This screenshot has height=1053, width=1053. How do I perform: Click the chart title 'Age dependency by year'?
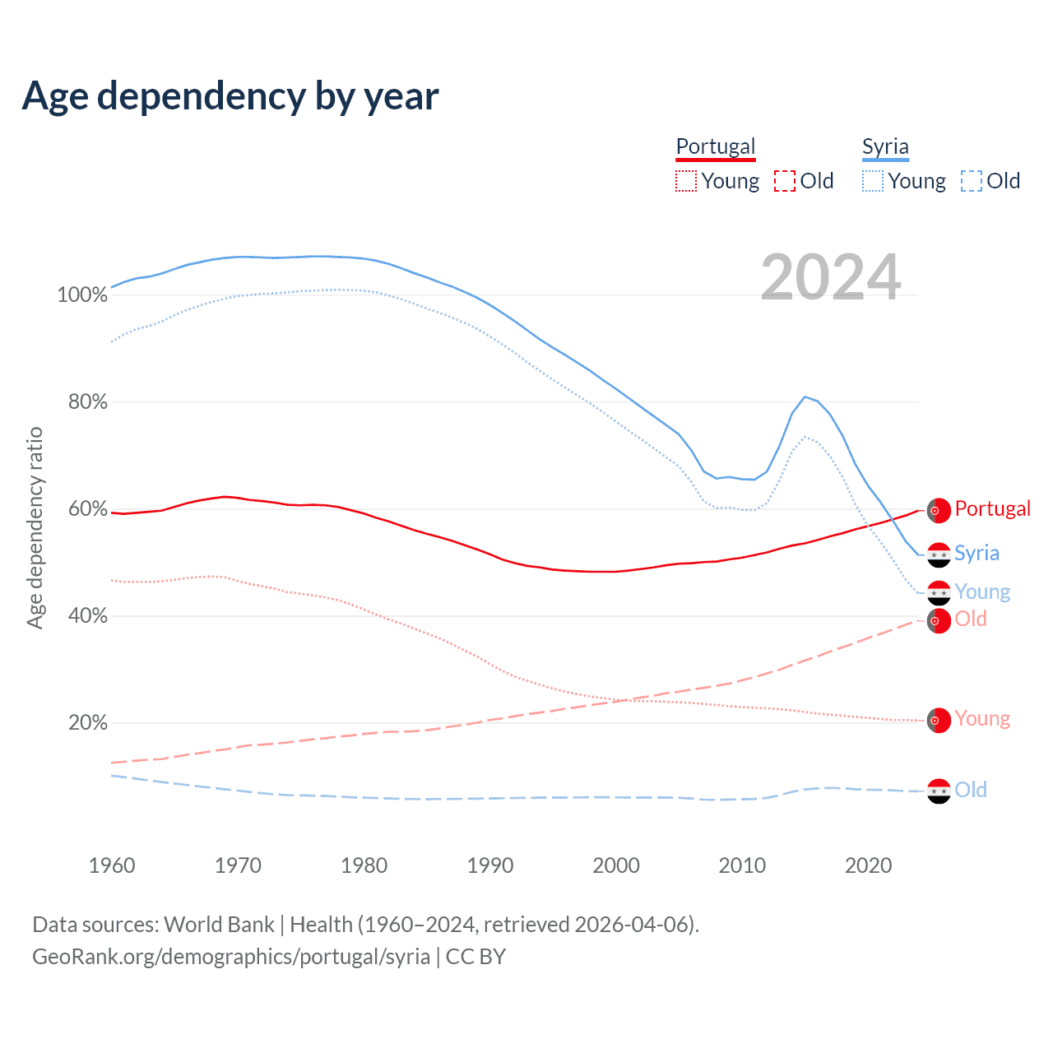click(230, 96)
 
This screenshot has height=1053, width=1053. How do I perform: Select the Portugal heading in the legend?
click(715, 146)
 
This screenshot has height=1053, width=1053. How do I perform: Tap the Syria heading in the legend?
click(885, 146)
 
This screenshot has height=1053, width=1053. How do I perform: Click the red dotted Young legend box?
click(685, 181)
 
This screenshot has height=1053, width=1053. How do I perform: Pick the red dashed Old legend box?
click(785, 181)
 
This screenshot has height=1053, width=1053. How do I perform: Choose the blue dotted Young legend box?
click(873, 181)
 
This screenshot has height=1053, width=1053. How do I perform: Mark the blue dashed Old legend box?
click(972, 181)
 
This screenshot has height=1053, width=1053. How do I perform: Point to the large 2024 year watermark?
click(831, 277)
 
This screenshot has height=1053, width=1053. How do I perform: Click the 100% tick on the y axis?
click(82, 295)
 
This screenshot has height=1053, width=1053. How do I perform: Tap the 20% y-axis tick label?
click(87, 723)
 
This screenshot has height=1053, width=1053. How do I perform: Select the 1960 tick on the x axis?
click(112, 865)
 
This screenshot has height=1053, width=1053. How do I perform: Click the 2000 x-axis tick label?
click(616, 865)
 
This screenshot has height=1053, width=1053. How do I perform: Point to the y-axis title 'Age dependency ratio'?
click(35, 527)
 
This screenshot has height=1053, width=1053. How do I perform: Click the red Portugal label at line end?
click(992, 508)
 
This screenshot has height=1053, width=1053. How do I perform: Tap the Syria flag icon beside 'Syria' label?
click(939, 554)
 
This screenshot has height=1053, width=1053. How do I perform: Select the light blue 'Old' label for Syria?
click(971, 790)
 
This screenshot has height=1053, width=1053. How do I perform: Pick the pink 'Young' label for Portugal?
click(982, 719)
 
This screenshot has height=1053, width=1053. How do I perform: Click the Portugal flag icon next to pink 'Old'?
click(939, 620)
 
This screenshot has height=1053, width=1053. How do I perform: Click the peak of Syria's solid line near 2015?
click(805, 397)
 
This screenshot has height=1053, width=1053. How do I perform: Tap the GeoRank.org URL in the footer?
click(231, 957)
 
